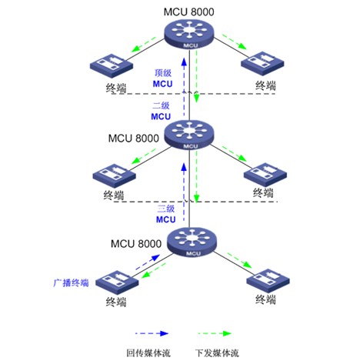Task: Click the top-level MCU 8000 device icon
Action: pos(189,35)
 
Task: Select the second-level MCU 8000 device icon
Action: pos(189,135)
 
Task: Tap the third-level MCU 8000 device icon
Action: pos(192,242)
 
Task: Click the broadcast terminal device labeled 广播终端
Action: pos(117,282)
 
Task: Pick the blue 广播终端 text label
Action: pos(71,282)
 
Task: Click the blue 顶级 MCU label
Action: pos(163,79)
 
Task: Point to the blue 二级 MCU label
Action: pos(161,111)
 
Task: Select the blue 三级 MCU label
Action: pos(166,214)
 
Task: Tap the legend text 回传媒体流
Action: pos(148,353)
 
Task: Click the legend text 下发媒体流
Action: pos(217,353)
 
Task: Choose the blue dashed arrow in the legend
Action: pos(152,333)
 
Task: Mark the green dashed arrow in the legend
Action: pos(215,333)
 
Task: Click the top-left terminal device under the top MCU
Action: pos(112,65)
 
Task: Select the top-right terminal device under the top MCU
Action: pos(262,63)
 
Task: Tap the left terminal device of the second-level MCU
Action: pos(114,175)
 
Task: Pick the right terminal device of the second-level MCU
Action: pos(265,175)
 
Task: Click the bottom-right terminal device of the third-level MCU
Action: pos(268,280)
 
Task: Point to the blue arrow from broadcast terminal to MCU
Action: pos(148,262)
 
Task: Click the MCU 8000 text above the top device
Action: pos(189,12)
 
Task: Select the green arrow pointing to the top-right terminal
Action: pos(235,42)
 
